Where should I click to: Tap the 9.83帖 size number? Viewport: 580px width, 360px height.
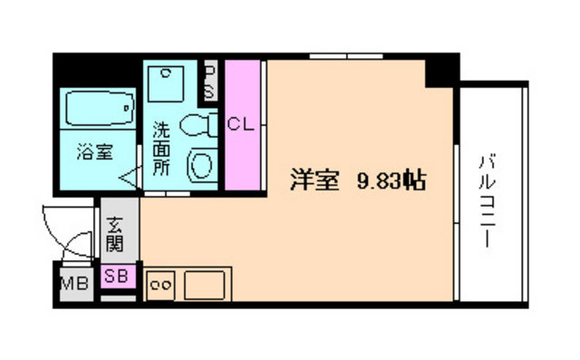click(392, 180)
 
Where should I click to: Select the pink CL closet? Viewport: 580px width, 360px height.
click(241, 124)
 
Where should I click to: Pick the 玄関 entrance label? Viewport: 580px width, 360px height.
click(115, 234)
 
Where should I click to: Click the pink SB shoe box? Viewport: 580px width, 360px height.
click(115, 277)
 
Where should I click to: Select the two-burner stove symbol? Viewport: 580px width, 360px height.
click(159, 285)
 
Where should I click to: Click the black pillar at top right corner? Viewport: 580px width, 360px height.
click(440, 71)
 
